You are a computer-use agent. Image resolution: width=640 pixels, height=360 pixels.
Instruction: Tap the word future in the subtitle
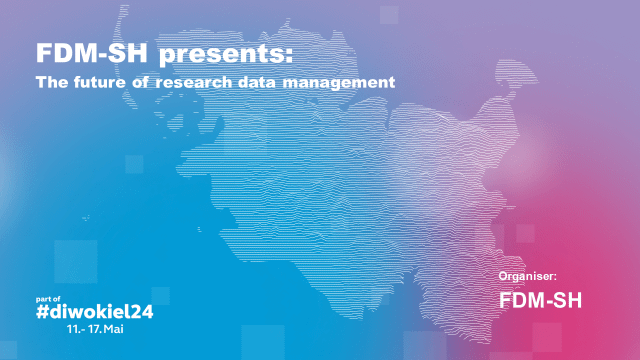pyautogui.click(x=104, y=80)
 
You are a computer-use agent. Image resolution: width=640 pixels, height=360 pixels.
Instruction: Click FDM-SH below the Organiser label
pyautogui.click(x=540, y=298)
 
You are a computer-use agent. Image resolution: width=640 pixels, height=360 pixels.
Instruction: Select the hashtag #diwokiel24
pyautogui.click(x=95, y=311)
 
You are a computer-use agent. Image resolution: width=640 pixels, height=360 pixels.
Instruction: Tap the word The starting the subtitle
pyautogui.click(x=50, y=80)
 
